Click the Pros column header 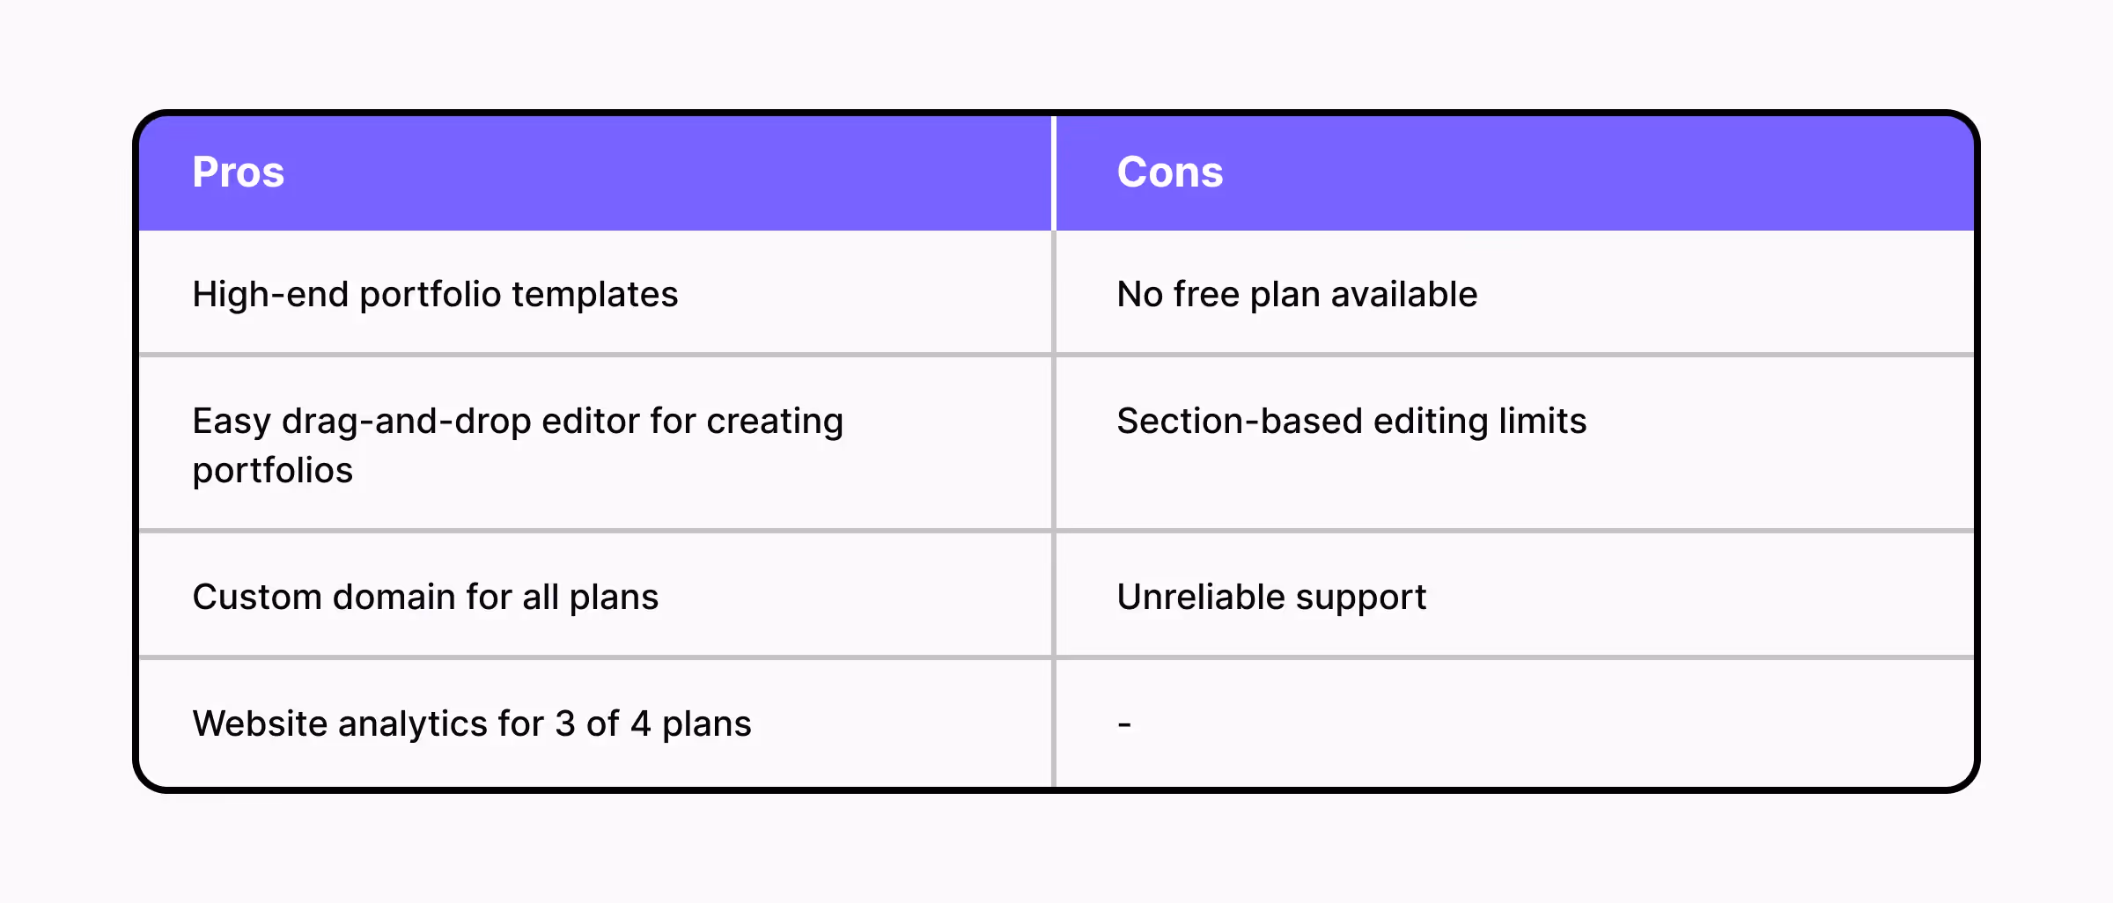(x=239, y=172)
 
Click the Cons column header (x=1170, y=172)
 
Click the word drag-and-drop (x=407, y=422)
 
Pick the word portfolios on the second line (x=273, y=471)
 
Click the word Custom (x=257, y=597)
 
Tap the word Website (x=260, y=723)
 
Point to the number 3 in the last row (x=564, y=723)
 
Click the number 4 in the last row (x=640, y=723)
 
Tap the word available (x=1404, y=294)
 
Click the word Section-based (x=1240, y=422)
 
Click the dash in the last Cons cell (x=1124, y=724)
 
